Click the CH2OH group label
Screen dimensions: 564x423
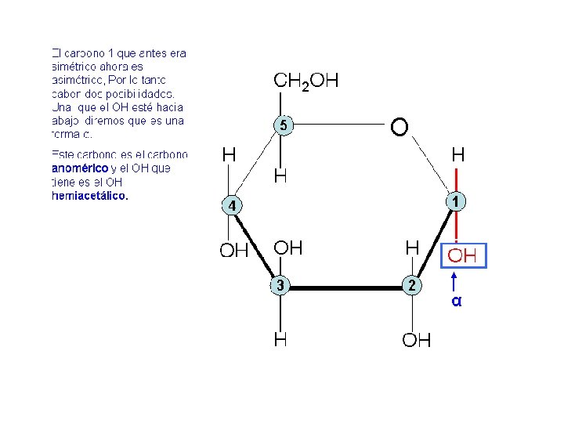305,81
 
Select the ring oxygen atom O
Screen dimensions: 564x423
399,126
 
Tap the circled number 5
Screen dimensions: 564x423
283,125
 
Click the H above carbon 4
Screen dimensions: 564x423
230,155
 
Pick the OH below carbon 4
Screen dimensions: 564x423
233,251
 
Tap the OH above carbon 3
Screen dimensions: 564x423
287,248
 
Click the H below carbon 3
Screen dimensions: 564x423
280,340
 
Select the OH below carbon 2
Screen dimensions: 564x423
417,340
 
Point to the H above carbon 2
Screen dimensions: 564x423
412,248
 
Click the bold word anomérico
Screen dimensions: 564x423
79,168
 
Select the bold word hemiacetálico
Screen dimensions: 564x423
89,196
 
